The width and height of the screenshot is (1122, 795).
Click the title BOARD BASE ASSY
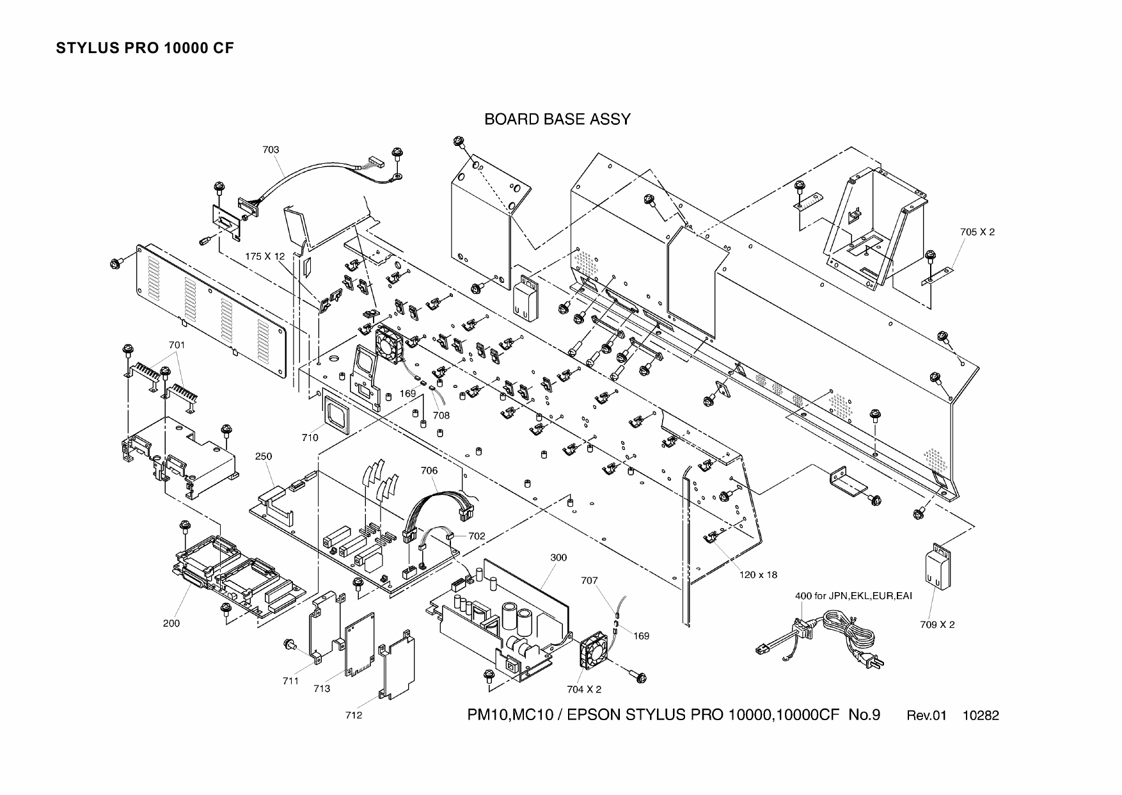pyautogui.click(x=557, y=120)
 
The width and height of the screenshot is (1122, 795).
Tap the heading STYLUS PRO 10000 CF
pyautogui.click(x=145, y=49)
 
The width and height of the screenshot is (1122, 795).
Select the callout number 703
pyautogui.click(x=271, y=150)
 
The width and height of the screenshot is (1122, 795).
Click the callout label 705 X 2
pyautogui.click(x=977, y=232)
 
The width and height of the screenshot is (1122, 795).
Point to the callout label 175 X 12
pyautogui.click(x=265, y=256)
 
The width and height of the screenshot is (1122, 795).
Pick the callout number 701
pyautogui.click(x=177, y=345)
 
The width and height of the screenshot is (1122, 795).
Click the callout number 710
pyautogui.click(x=310, y=438)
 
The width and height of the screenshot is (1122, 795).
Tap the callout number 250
pyautogui.click(x=264, y=456)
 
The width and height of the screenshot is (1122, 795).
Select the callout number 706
pyautogui.click(x=429, y=470)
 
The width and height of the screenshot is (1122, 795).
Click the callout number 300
pyautogui.click(x=558, y=558)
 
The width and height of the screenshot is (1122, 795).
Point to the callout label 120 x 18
pyautogui.click(x=758, y=575)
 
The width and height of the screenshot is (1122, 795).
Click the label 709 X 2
pyautogui.click(x=937, y=625)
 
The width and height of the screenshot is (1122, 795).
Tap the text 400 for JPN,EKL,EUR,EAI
pyautogui.click(x=853, y=596)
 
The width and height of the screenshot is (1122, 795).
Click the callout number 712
pyautogui.click(x=353, y=715)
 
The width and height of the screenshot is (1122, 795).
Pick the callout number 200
pyautogui.click(x=171, y=623)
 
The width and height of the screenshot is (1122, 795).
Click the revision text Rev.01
pyautogui.click(x=926, y=716)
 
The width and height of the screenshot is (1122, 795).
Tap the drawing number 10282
pyautogui.click(x=981, y=716)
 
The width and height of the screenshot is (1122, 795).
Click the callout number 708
pyautogui.click(x=441, y=415)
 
